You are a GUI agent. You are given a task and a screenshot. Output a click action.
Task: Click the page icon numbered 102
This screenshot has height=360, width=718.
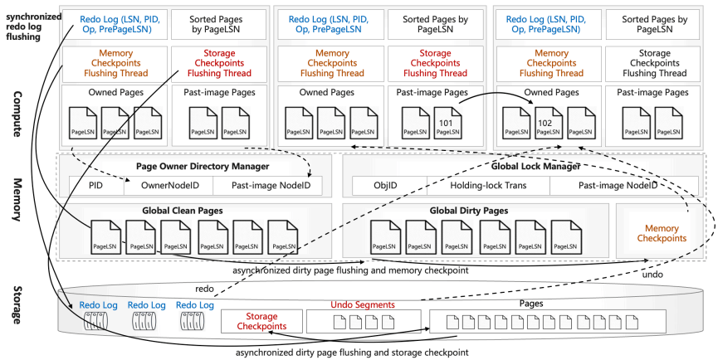[545, 124]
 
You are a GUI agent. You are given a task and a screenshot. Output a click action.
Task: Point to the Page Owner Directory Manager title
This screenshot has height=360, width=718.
[193, 165]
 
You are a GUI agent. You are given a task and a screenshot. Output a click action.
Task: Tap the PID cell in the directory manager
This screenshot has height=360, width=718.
[96, 186]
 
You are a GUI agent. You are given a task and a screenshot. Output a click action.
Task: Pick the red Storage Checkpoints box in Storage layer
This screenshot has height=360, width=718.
[260, 320]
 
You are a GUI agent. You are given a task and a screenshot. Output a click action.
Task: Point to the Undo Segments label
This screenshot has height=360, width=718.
[363, 305]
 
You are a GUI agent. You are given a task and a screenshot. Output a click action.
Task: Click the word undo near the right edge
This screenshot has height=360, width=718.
[656, 274]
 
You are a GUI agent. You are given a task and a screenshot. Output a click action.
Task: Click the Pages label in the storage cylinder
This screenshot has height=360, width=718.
[531, 304]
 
